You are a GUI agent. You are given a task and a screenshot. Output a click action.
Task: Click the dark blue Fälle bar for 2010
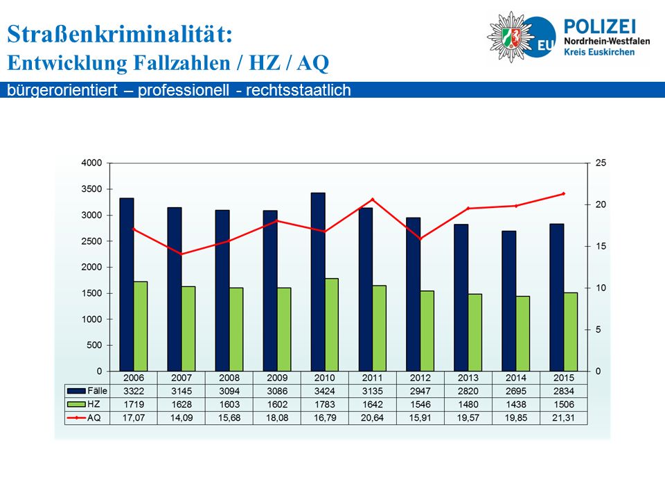point(318,282)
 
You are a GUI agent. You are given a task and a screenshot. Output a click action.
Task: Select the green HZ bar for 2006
point(141,326)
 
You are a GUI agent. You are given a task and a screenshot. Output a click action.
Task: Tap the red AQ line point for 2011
point(373,199)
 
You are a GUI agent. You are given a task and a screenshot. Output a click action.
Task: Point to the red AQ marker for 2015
point(564,193)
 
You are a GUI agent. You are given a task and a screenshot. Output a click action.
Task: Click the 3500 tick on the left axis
point(91,189)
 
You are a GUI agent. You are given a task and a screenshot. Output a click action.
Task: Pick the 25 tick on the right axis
point(601,163)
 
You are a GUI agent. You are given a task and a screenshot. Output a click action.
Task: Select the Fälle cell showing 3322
point(134,391)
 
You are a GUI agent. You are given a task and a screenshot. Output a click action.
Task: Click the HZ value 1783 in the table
point(325,404)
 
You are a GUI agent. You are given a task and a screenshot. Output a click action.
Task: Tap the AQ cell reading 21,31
point(564,418)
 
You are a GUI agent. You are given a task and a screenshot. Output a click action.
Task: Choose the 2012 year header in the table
point(420,378)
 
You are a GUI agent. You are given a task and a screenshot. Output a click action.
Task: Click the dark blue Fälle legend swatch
point(76,391)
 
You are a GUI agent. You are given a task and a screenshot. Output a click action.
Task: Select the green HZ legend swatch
point(76,404)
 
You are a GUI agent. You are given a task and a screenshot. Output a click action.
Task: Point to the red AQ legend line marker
point(76,418)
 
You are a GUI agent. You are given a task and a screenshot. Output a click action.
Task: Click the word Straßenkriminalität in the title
point(120,33)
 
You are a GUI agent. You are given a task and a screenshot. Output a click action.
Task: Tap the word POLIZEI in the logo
point(600,27)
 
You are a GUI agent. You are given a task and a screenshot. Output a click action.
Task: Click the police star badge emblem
point(511,37)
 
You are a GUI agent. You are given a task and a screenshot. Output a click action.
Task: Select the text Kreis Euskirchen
point(598,52)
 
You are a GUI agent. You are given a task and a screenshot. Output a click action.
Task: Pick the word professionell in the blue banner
point(183,90)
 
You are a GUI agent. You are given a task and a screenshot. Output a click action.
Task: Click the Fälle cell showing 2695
point(515,391)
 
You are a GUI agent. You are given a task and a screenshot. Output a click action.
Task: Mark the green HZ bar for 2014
point(523,333)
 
